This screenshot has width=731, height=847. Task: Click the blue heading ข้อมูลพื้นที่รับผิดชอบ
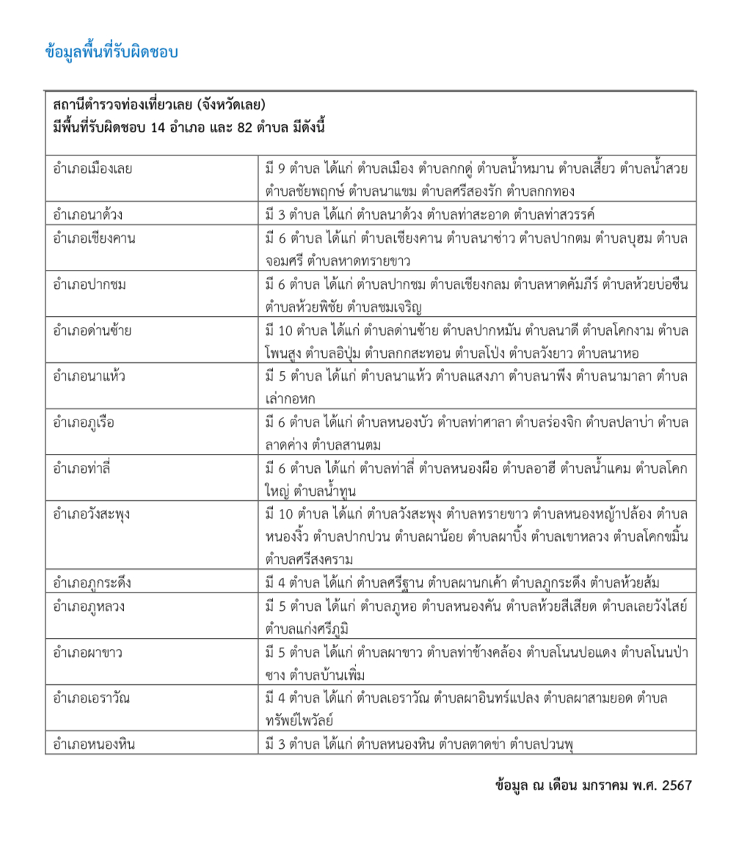[112, 53]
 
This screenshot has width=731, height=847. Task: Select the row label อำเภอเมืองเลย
[92, 169]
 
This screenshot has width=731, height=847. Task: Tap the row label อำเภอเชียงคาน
[94, 239]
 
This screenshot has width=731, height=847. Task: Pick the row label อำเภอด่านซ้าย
[92, 331]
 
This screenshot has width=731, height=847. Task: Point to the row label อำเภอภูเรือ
[84, 423]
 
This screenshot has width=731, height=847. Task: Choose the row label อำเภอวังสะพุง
[92, 514]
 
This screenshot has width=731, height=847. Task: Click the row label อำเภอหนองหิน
[94, 744]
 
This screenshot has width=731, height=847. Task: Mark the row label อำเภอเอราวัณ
[91, 698]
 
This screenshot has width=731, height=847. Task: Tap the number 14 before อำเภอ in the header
[159, 127]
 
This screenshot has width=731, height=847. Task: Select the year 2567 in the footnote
[676, 785]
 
